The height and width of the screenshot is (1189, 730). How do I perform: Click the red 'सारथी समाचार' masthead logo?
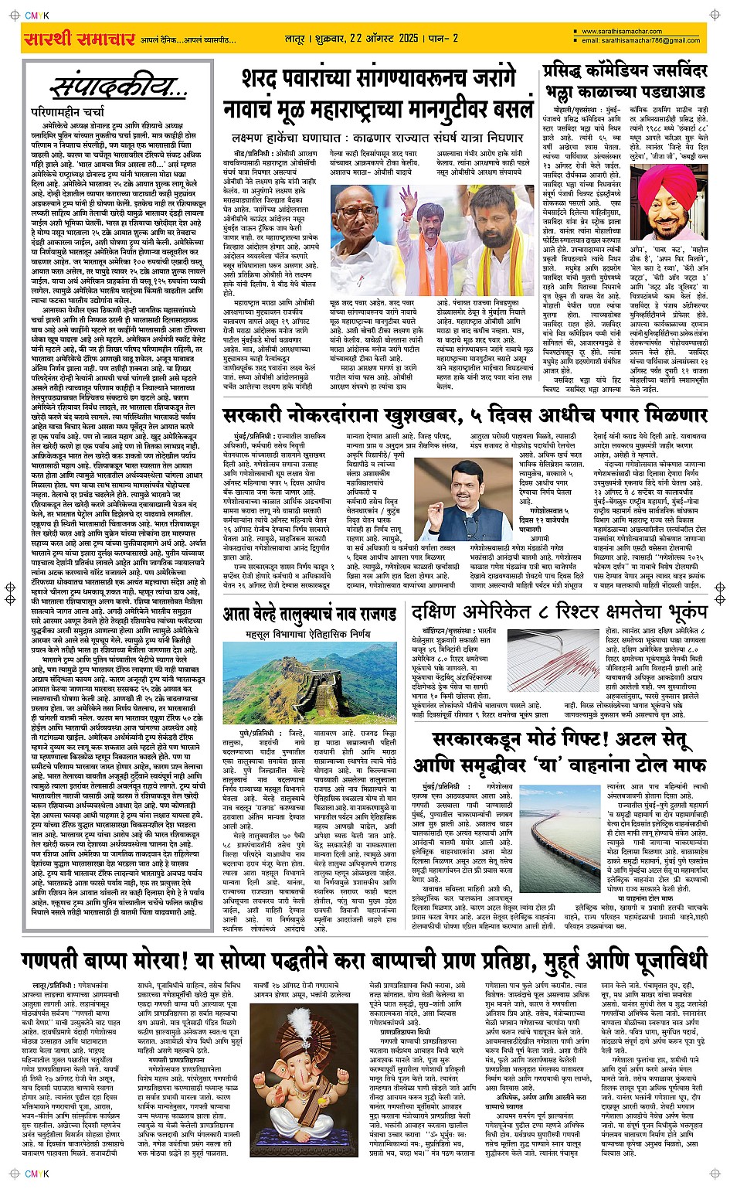(79, 39)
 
